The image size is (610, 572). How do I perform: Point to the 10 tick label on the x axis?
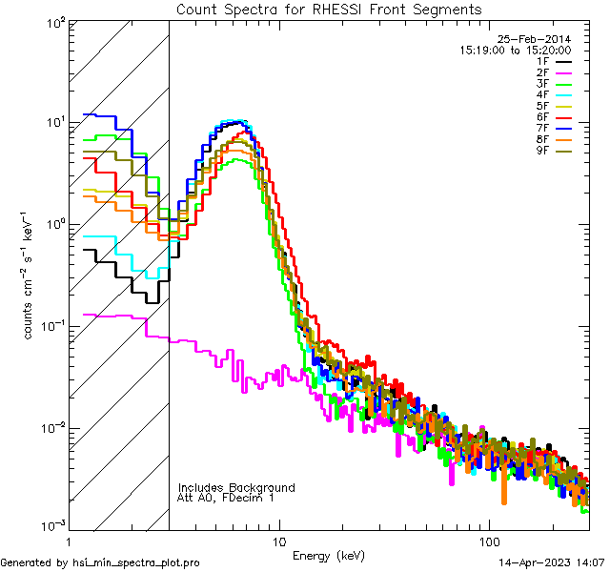278,541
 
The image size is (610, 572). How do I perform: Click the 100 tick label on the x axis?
488,541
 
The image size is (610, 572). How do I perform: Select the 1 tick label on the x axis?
69,541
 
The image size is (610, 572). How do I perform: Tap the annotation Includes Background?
236,487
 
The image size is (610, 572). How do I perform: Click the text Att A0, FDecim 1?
227,498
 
